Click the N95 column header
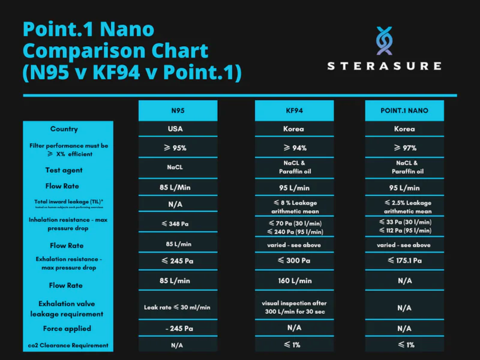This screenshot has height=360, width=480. (178, 110)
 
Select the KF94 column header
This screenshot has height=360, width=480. (294, 110)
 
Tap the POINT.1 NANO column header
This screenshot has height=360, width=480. (404, 110)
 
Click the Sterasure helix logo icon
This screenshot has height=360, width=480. (384, 41)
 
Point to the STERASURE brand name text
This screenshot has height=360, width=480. (384, 66)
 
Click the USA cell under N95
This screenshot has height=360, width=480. (178, 129)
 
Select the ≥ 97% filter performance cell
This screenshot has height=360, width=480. (404, 148)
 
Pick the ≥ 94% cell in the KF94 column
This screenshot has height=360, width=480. (294, 148)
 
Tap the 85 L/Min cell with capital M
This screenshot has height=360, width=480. (178, 187)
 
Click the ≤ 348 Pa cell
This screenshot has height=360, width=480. (178, 224)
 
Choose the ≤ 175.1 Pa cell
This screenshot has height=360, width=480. (404, 261)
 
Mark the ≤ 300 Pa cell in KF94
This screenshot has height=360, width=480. (294, 261)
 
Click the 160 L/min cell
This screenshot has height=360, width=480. (294, 281)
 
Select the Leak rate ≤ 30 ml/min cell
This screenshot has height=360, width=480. (178, 307)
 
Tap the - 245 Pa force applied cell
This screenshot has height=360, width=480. (178, 329)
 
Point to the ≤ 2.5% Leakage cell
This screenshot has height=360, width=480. (404, 207)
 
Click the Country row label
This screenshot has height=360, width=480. (64, 129)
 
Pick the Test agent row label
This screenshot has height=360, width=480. (64, 170)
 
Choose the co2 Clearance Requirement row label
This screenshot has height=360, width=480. (68, 345)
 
